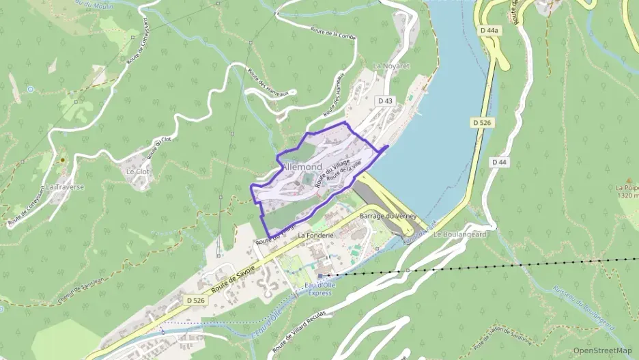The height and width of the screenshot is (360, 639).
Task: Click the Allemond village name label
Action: tap(302, 167)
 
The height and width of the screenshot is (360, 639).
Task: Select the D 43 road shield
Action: tap(385, 101)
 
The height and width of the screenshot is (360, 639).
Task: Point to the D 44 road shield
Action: tap(499, 162)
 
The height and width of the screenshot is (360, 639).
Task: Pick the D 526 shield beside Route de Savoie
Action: tap(195, 300)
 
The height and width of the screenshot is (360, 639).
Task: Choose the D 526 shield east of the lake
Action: tap(482, 122)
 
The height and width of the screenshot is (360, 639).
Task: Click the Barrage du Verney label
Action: tap(388, 216)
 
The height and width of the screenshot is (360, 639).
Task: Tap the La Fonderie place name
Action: tap(315, 235)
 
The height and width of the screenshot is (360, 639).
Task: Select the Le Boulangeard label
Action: tap(459, 234)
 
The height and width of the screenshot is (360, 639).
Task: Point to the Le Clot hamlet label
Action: tap(137, 171)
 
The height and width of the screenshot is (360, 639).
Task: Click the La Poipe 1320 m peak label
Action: tap(627, 191)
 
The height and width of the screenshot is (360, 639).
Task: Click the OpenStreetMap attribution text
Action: tap(602, 350)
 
